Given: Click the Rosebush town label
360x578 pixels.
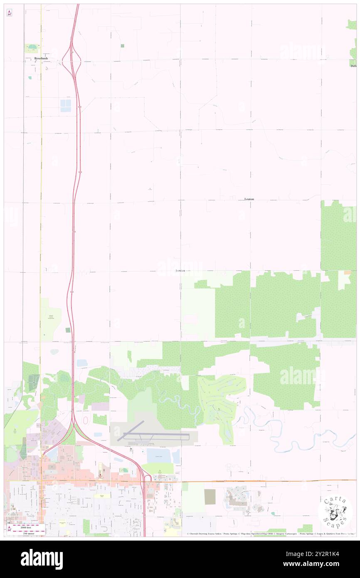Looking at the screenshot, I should (x=41, y=58).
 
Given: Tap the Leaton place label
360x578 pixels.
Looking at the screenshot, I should (x=249, y=199).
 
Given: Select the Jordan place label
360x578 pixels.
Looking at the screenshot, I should (x=180, y=271).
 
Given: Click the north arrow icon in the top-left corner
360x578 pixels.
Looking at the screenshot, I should (x=10, y=13).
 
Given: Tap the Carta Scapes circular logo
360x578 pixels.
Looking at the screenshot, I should (x=335, y=512).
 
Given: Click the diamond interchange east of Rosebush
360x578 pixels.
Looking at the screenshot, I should (x=72, y=61).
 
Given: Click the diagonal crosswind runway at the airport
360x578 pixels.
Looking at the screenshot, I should (x=131, y=430).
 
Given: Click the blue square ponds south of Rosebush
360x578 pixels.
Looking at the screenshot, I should (x=66, y=106).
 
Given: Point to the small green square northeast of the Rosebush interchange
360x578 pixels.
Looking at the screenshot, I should (x=122, y=46).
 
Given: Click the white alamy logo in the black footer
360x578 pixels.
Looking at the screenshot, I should (x=42, y=559).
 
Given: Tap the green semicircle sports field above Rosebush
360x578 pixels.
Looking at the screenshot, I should (x=32, y=48).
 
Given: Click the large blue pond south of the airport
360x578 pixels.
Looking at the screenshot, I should (x=159, y=456).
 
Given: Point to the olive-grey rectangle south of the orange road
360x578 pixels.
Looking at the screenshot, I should (x=210, y=497).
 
